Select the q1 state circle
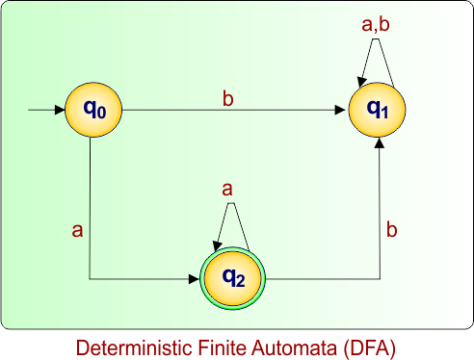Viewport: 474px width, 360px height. coord(379,110)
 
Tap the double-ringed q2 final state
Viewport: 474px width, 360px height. coord(231,279)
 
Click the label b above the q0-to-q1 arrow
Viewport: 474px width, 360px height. coord(227,98)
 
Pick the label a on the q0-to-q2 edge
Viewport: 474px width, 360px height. coord(77,230)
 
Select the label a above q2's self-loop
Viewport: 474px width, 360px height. coord(227,190)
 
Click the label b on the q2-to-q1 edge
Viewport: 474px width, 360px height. coord(391,230)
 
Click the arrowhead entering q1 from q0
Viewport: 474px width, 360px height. coord(341,111)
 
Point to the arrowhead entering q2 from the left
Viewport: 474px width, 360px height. coord(194,279)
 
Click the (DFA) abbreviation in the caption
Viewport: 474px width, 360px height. coord(369,346)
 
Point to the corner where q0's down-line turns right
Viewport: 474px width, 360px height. coord(90,279)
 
